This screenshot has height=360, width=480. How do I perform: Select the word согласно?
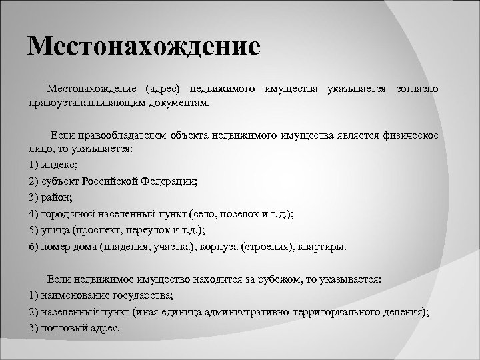[x=417, y=89]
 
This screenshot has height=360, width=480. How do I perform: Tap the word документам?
[x=181, y=103]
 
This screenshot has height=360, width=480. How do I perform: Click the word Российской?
[x=113, y=181]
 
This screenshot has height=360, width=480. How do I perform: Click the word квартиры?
[x=323, y=247]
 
